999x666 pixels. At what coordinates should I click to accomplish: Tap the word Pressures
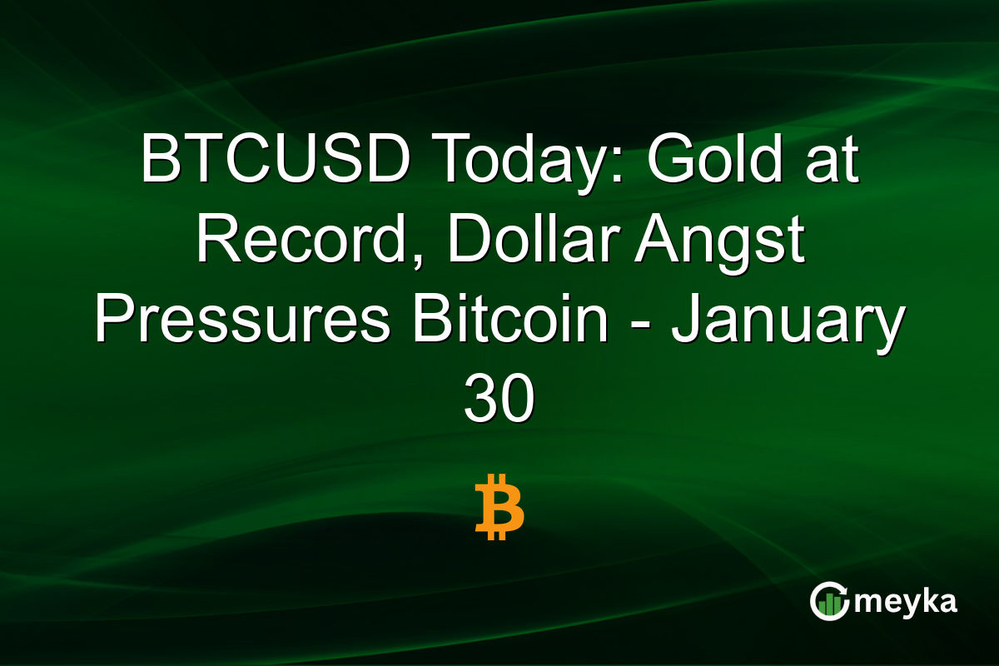pos(242,321)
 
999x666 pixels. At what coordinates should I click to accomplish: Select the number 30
pos(499,403)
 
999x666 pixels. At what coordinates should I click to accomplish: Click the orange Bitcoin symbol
pos(499,507)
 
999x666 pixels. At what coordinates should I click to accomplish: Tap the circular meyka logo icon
pos(829,601)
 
